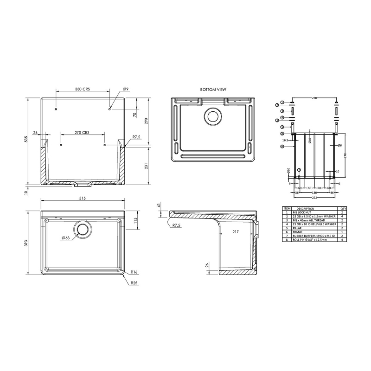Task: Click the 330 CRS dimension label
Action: pos(83,89)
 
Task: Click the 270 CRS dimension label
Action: pos(82,132)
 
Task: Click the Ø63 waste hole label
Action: pos(65,238)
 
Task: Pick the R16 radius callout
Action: pos(134,272)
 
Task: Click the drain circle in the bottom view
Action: pos(213,116)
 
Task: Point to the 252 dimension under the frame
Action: pos(315,196)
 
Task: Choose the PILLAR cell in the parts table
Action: pos(299,228)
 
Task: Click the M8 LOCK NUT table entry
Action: pos(302,212)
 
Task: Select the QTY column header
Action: pos(343,208)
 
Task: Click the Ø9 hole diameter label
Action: pos(125,89)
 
